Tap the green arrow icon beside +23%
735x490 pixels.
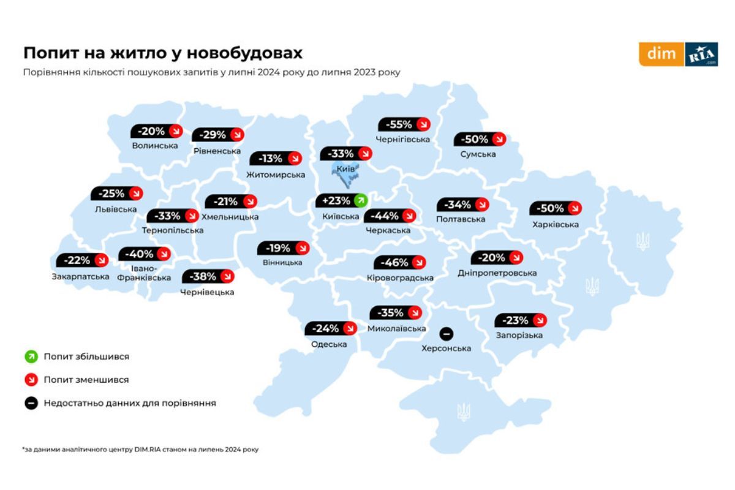pos(361,200)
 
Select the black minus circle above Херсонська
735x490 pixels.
pos(447,334)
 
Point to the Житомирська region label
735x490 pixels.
pos(276,175)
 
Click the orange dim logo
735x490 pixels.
pos(661,54)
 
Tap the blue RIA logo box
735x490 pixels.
pos(701,54)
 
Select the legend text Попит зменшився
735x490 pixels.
pos(86,380)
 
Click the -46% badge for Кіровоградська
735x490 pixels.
pos(400,262)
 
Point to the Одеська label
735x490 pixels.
pos(329,344)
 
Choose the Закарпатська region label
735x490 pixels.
pos(81,276)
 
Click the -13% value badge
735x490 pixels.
pos(276,159)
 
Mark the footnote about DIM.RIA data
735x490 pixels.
pos(140,450)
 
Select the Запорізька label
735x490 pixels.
pos(519,336)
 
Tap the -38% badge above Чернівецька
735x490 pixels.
pos(208,276)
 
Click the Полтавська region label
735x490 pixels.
pos(461,219)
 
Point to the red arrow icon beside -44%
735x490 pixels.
pos(409,216)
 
